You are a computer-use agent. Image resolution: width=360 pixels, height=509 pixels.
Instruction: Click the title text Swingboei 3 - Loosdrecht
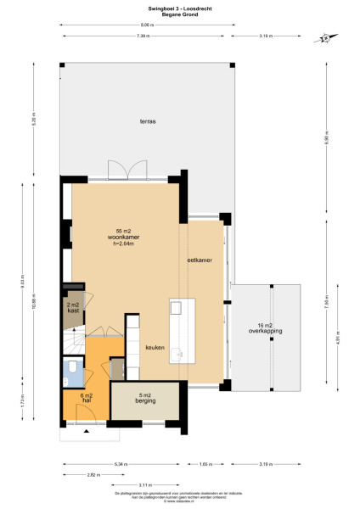click(x=179, y=8)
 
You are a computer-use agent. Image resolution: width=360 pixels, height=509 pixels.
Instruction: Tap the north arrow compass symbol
click(x=324, y=36)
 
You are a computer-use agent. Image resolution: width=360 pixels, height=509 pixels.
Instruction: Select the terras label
click(x=148, y=122)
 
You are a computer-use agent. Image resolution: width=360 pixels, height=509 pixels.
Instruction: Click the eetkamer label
click(x=200, y=261)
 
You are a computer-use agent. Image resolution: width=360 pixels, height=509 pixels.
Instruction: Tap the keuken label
click(x=155, y=347)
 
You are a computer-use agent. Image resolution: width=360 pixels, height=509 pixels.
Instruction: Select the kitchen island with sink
click(x=177, y=331)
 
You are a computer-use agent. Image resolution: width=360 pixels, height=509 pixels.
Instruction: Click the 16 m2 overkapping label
click(x=265, y=328)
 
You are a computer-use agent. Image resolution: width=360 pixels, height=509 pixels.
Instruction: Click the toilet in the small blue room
click(x=74, y=367)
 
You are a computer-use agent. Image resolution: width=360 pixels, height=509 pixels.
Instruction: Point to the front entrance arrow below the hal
click(x=85, y=432)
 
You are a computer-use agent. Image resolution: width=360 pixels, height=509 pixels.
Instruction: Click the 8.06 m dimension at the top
click(x=147, y=25)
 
